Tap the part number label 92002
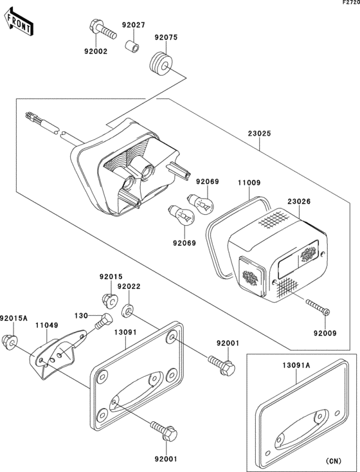[95, 51]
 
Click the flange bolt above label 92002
[100, 29]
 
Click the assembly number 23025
[258, 134]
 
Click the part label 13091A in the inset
[296, 365]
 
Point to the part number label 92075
[165, 37]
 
